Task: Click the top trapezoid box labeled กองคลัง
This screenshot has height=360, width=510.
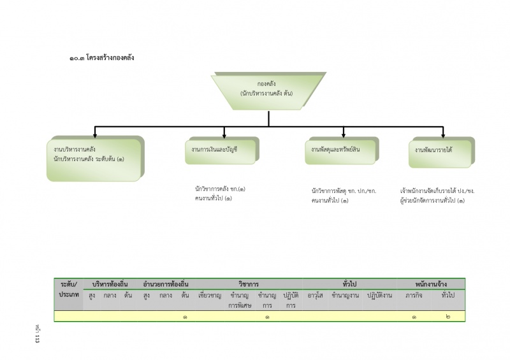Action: pyautogui.click(x=267, y=90)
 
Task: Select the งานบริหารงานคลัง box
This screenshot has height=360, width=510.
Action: pyautogui.click(x=95, y=158)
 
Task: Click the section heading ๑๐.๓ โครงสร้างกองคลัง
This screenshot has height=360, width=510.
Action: pyautogui.click(x=102, y=58)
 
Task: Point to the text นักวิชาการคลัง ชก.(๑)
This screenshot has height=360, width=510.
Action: pyautogui.click(x=221, y=189)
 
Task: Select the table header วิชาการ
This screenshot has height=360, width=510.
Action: pyautogui.click(x=248, y=284)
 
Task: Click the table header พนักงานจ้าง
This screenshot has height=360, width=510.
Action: pyautogui.click(x=430, y=284)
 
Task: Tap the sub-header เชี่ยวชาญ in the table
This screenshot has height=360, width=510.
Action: pyautogui.click(x=209, y=295)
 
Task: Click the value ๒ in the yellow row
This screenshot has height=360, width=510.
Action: pyautogui.click(x=448, y=316)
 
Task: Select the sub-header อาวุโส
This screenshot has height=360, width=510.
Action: pyautogui.click(x=316, y=295)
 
